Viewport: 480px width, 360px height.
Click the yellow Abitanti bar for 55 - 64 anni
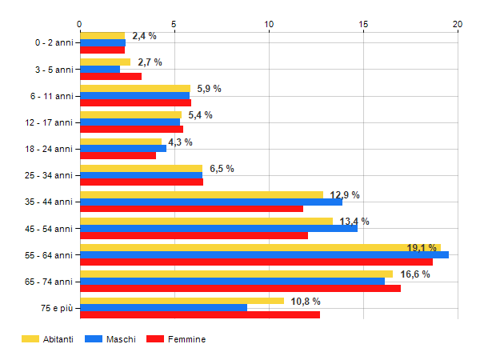click(x=260, y=247)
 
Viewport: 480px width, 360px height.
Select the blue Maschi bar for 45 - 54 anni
click(x=218, y=228)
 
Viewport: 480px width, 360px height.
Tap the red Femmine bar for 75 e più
click(x=200, y=314)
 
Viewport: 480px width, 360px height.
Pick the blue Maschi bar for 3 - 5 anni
click(x=100, y=70)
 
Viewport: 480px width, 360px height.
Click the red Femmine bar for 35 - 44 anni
click(x=191, y=209)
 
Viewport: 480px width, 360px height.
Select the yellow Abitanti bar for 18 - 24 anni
click(x=121, y=142)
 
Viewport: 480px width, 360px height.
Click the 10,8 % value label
click(x=306, y=302)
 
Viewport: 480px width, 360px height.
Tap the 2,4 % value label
click(x=144, y=36)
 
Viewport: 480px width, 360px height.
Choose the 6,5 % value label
click(x=222, y=169)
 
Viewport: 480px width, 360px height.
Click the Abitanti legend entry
click(x=48, y=339)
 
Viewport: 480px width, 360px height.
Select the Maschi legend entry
click(x=111, y=339)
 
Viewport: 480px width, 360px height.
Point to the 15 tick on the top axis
click(x=363, y=25)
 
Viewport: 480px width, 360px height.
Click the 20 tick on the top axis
click(x=458, y=25)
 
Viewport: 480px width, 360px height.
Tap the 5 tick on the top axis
click(x=174, y=25)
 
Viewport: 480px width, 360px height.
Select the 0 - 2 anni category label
click(x=50, y=42)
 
